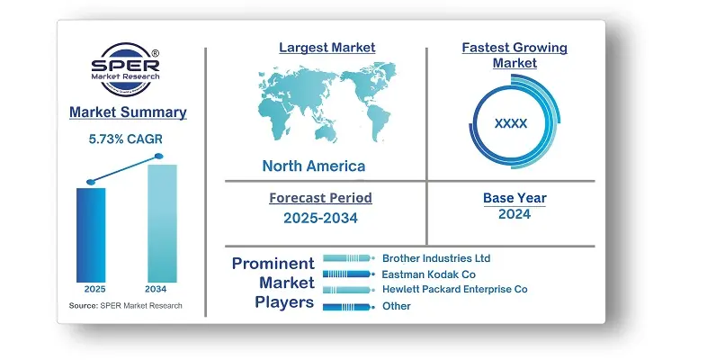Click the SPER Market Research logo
(125, 69)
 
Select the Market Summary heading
(128, 112)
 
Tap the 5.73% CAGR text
(125, 139)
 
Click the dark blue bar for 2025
(91, 235)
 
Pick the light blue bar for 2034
(162, 223)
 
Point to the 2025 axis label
(94, 289)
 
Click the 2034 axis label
(156, 289)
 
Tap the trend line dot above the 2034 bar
(158, 156)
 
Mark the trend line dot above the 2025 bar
(91, 183)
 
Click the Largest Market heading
(327, 48)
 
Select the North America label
(314, 166)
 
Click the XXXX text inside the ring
(511, 123)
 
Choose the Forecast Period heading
(320, 198)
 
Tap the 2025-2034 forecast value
(320, 219)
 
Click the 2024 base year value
(515, 214)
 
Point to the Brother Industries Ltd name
(436, 258)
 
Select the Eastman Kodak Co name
(429, 274)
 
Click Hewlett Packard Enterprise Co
(455, 289)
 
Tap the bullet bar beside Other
(348, 307)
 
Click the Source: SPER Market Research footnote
(125, 306)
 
